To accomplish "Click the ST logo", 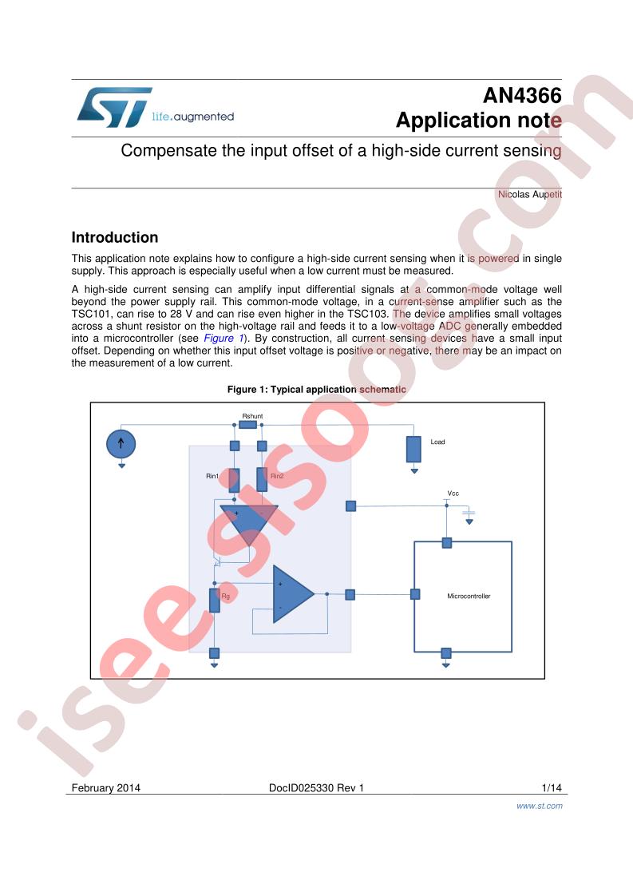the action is tap(114, 108).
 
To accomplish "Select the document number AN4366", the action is tap(522, 95).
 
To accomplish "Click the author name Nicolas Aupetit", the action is tap(529, 194).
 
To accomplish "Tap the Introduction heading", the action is tap(115, 237).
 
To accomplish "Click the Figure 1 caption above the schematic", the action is tap(316, 389).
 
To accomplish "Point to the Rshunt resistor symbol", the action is tap(248, 425).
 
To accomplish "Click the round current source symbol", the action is tap(121, 443).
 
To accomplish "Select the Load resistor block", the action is tap(413, 449).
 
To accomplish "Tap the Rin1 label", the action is tap(212, 476).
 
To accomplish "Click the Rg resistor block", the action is tap(214, 601).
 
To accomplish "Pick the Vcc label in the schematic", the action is tap(453, 494).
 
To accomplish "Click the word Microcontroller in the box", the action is tap(469, 596).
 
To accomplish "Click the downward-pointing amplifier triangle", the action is tap(249, 524).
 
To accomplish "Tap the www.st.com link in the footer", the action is tap(540, 806).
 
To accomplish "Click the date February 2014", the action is tap(105, 788).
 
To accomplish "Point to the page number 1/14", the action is tap(552, 788).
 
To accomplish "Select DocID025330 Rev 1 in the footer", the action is tap(316, 788).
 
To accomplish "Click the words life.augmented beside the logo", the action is tap(193, 117).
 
